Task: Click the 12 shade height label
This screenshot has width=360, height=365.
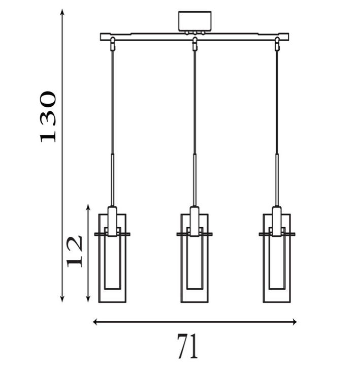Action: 75,251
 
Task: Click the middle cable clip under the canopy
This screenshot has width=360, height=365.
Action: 194,44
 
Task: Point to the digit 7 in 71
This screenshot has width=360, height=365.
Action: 181,346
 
